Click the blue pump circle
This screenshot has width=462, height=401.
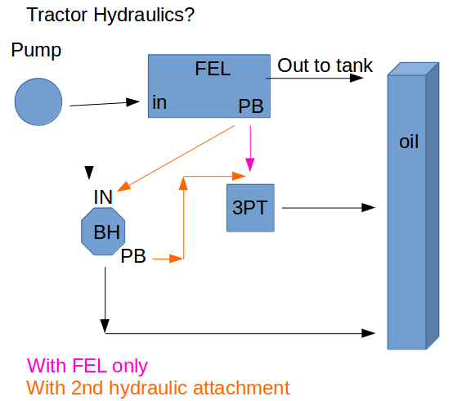tap(38, 101)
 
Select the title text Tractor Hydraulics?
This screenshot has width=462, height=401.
tap(110, 15)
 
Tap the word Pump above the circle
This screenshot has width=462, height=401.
tap(36, 50)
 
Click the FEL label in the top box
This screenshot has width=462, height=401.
tap(213, 69)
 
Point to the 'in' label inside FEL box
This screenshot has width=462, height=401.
tap(159, 102)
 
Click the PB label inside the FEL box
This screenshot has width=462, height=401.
tap(251, 106)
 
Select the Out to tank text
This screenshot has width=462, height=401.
tap(325, 65)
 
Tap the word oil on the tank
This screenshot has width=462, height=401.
tap(409, 142)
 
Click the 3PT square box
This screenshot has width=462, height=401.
tap(250, 208)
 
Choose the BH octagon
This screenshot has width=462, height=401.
tap(103, 232)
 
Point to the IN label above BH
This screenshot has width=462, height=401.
tap(103, 197)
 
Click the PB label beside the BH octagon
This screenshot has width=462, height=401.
tap(133, 256)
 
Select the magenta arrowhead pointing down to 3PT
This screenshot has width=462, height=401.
tap(250, 164)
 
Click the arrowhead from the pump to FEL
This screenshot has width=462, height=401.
tap(132, 102)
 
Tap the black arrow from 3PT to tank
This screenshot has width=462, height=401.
tap(328, 208)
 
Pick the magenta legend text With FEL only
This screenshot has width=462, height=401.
tap(87, 366)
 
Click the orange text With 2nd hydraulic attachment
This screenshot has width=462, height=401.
tap(158, 388)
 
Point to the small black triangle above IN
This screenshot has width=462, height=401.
tap(89, 173)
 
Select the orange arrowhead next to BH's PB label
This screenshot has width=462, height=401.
tap(176, 259)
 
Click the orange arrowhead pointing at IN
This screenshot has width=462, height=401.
tap(123, 187)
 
